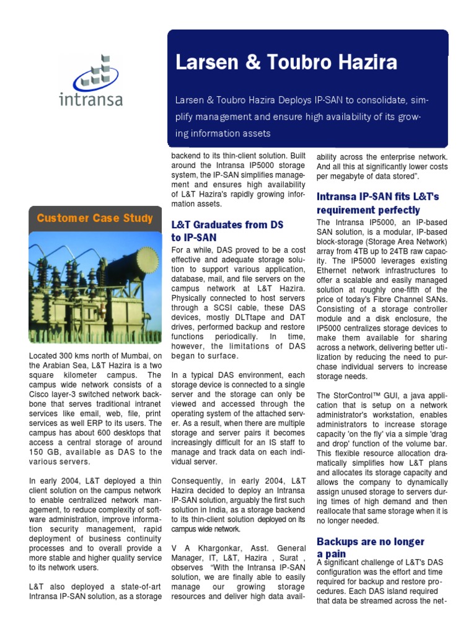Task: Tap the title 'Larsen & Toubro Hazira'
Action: pyautogui.click(x=286, y=63)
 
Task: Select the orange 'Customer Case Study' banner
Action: pyautogui.click(x=95, y=218)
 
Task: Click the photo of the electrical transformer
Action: pyautogui.click(x=95, y=287)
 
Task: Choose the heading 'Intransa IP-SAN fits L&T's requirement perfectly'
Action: pyautogui.click(x=377, y=203)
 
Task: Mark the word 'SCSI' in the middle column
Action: pyautogui.click(x=222, y=306)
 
